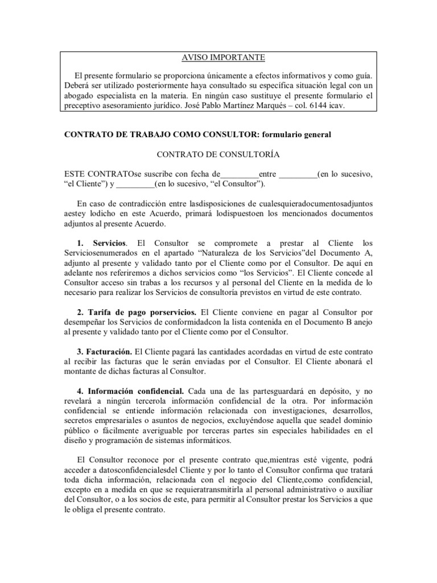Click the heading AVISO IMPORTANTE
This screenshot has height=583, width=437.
218,58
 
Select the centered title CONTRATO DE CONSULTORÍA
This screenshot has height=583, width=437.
218,154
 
